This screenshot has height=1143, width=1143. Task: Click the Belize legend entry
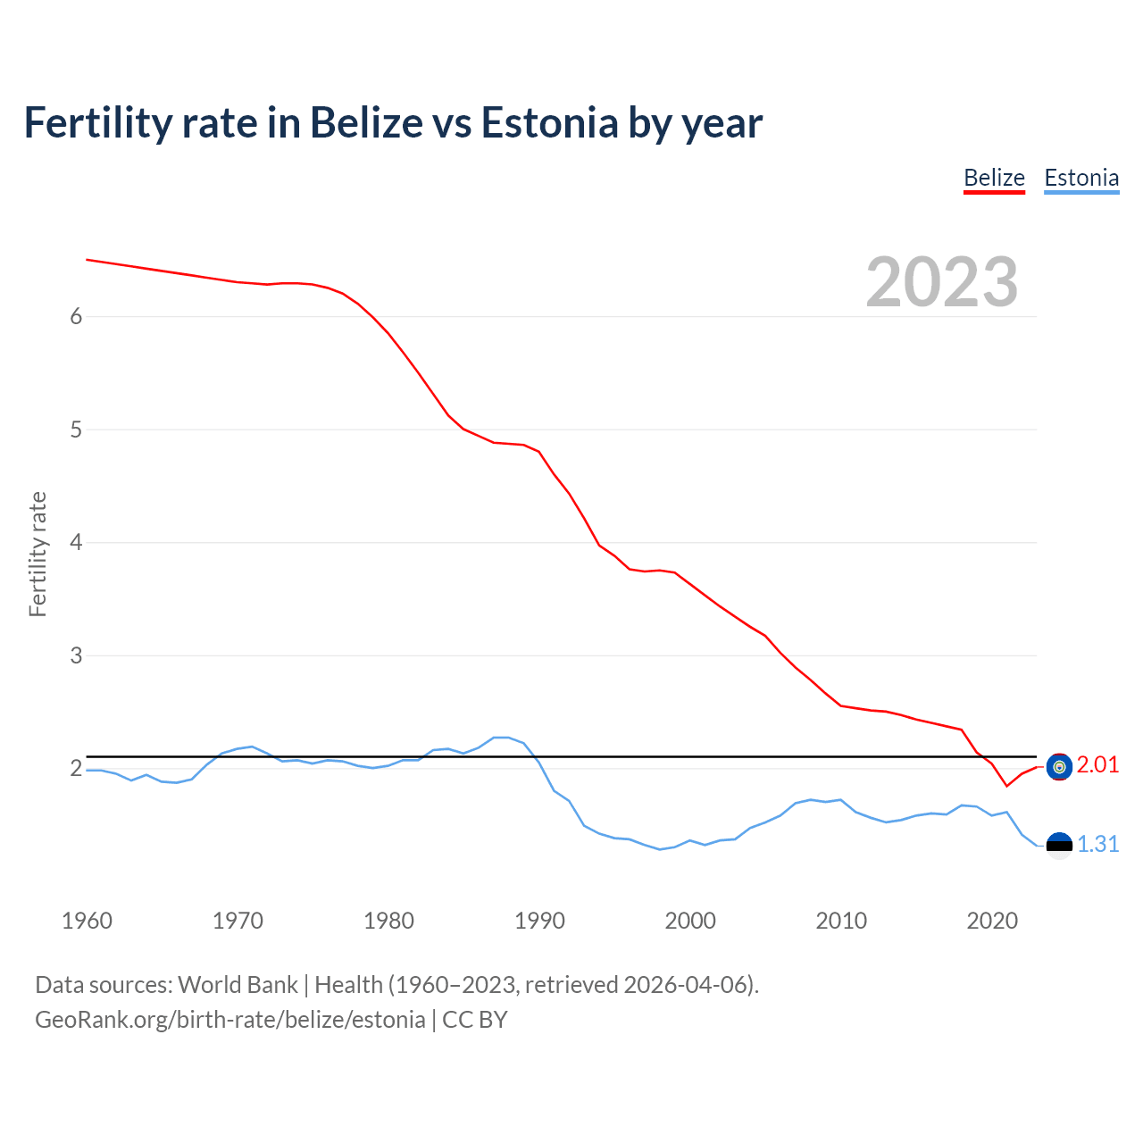(x=994, y=178)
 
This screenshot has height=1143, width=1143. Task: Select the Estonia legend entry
(x=1081, y=178)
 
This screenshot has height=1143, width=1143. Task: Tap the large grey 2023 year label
(x=942, y=282)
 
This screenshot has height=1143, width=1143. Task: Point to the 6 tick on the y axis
(x=76, y=316)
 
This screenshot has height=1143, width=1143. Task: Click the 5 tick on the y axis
(x=76, y=430)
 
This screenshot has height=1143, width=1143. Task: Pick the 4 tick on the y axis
(x=76, y=542)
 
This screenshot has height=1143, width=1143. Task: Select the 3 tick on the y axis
(x=76, y=655)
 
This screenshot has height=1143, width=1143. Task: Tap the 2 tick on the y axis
(x=76, y=768)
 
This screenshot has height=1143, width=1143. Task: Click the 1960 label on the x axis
(x=87, y=921)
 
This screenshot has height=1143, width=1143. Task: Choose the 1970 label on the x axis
(x=238, y=921)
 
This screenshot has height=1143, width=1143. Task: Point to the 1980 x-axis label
(x=388, y=921)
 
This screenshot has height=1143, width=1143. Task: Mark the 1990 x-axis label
(x=539, y=921)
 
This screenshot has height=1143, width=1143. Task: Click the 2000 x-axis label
(x=690, y=921)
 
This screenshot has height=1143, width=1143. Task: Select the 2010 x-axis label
(x=841, y=921)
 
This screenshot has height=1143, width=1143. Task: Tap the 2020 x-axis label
(x=992, y=921)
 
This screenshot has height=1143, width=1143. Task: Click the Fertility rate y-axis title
(x=38, y=554)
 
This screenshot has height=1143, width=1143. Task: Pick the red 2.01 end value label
(x=1097, y=765)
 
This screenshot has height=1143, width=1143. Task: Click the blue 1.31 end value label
(x=1097, y=844)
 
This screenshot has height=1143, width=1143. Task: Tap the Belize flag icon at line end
(x=1059, y=766)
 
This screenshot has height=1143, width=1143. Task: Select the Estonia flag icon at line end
(x=1059, y=845)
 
